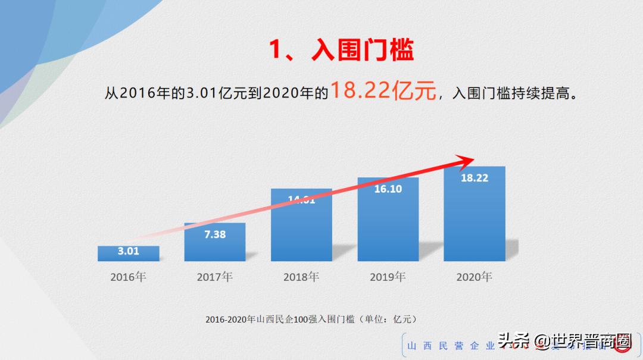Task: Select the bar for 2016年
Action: pos(129,254)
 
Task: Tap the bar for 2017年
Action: pos(215,244)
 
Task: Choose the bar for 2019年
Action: pos(388,223)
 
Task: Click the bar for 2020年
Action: pos(475,217)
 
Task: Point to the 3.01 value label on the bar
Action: pos(129,251)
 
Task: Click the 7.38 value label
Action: pos(215,234)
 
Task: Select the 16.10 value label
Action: pos(388,189)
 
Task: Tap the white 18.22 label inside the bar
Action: pos(475,178)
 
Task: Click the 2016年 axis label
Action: pos(128,277)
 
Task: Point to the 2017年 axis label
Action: pos(215,277)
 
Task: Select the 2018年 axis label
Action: pos(301,277)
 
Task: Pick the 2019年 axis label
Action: pos(388,277)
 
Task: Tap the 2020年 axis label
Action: pos(475,277)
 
